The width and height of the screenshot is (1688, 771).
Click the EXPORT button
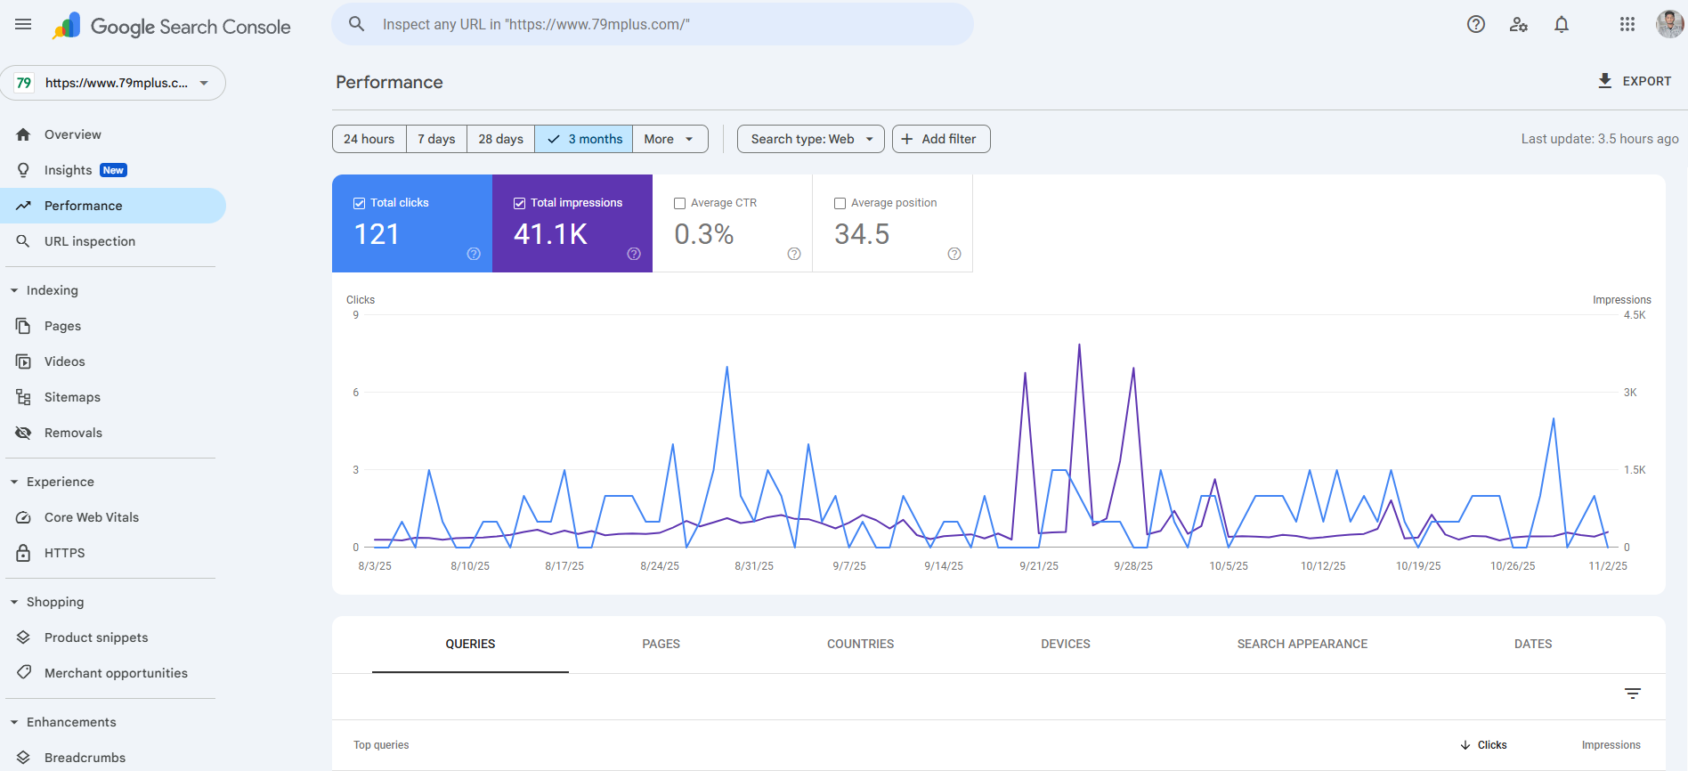[x=1635, y=81]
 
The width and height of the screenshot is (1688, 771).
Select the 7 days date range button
[x=436, y=139]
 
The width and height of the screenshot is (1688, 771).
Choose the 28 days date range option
[x=500, y=139]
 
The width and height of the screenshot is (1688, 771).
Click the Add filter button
[x=940, y=139]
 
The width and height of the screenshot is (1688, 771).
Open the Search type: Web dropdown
[x=810, y=139]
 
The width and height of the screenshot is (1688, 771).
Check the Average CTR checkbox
[x=680, y=203]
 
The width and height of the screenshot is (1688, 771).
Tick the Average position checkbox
[x=840, y=203]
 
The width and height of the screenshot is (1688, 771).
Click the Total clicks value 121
[x=377, y=234]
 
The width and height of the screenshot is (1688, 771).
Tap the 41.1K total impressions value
[x=550, y=234]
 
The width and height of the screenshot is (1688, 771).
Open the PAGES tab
[x=661, y=644]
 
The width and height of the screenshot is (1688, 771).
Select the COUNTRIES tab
[x=860, y=644]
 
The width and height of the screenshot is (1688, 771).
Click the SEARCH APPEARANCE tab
[x=1302, y=644]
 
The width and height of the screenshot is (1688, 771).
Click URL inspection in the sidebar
[x=90, y=241]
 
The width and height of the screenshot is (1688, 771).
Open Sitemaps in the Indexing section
[x=72, y=397]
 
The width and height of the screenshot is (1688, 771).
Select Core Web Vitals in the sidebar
[x=92, y=517]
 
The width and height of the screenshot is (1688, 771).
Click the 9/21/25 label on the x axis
[x=1039, y=566]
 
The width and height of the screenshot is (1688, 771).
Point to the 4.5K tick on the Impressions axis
[x=1635, y=315]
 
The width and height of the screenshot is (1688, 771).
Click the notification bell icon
[x=1562, y=25]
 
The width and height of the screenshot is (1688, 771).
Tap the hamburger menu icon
[x=23, y=25]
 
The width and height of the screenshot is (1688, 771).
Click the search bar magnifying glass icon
[x=356, y=24]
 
